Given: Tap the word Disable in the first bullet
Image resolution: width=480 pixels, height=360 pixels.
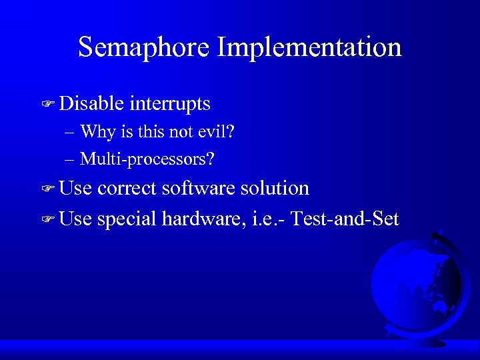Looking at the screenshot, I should (91, 103).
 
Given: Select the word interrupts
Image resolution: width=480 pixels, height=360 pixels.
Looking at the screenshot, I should (170, 103).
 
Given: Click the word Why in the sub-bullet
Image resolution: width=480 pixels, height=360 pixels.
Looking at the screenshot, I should (97, 131).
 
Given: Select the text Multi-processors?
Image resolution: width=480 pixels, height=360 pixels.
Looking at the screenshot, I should (147, 159).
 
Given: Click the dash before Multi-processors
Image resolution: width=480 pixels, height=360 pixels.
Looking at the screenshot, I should (70, 159).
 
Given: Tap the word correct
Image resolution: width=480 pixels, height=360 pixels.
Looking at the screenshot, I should (127, 188).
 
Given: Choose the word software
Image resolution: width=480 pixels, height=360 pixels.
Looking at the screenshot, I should (199, 188).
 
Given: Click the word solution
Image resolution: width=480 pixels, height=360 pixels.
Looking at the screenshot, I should (275, 188).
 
